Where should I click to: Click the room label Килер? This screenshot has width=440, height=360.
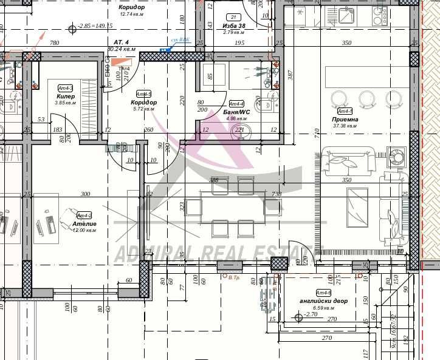(65, 97)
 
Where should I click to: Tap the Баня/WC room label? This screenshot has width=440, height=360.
(236, 112)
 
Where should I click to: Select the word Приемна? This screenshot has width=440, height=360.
(345, 120)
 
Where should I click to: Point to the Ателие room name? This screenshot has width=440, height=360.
(84, 224)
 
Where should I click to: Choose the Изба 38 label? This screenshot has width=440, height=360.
(234, 25)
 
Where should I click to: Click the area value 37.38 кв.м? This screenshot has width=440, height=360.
(345, 127)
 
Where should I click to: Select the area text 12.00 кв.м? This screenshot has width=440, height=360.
(84, 231)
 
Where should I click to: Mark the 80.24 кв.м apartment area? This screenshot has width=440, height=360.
(121, 49)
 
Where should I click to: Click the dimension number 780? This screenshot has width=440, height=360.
(54, 42)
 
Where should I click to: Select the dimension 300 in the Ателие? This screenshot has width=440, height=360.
(85, 194)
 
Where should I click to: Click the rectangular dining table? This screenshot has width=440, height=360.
(229, 207)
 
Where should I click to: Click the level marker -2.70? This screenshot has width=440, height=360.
(311, 314)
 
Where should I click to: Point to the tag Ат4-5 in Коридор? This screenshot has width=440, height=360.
(143, 94)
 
